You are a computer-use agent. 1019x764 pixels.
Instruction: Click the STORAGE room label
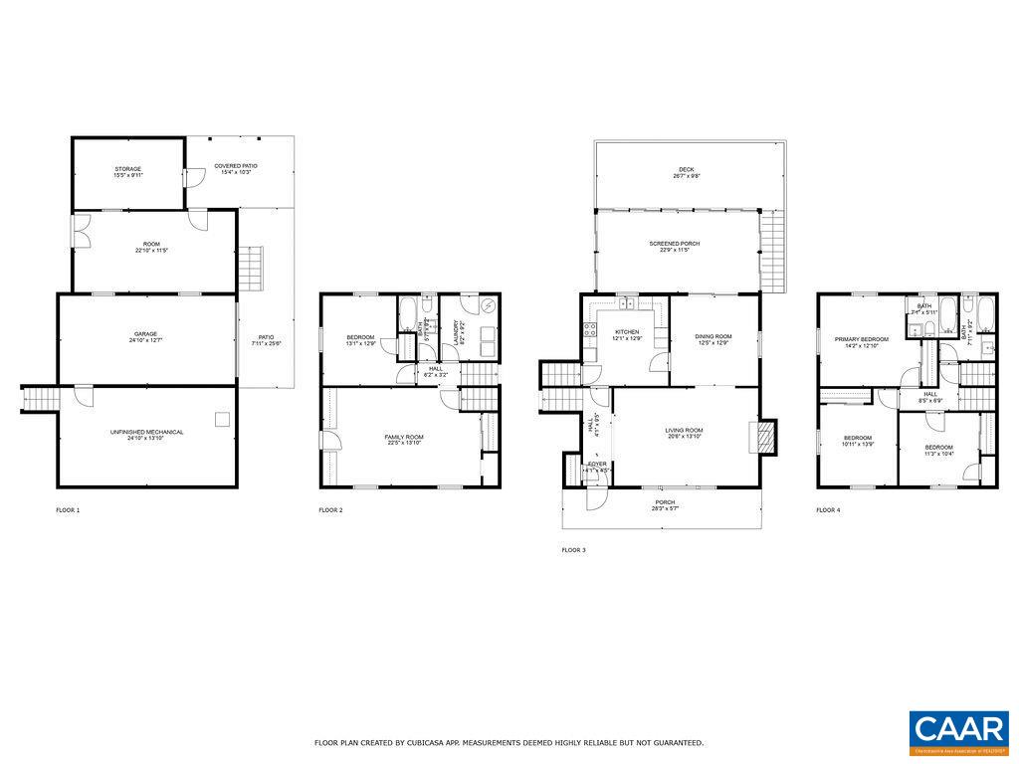click(127, 169)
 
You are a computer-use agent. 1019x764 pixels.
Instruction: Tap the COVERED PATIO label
click(236, 166)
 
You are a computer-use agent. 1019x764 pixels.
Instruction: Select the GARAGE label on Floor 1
click(146, 334)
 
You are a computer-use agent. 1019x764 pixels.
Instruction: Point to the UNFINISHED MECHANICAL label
click(146, 432)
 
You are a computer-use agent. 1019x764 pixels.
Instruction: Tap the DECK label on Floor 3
click(688, 170)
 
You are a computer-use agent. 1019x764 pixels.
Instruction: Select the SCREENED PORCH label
click(675, 244)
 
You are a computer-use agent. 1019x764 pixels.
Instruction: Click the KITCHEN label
click(627, 331)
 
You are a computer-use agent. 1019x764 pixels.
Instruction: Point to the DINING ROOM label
click(713, 337)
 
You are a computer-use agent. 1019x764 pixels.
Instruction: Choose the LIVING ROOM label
click(685, 431)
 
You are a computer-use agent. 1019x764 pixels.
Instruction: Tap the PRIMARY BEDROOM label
click(862, 339)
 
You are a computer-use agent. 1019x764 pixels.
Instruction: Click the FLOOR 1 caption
click(68, 510)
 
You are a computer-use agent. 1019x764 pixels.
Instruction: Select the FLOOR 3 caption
click(574, 549)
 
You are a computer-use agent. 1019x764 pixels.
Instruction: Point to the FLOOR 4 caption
click(828, 510)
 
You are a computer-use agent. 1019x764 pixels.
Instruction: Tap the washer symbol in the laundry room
click(487, 306)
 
